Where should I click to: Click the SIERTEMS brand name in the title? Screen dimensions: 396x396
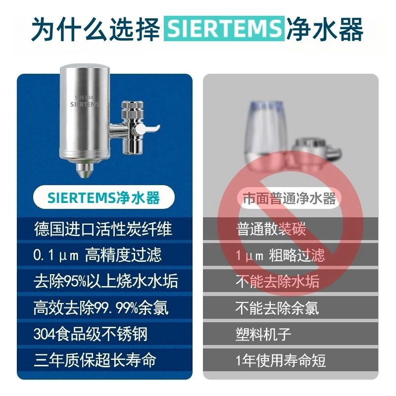click(224, 28)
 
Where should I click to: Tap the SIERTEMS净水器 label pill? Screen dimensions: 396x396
click(104, 197)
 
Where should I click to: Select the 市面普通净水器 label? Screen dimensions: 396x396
click(289, 198)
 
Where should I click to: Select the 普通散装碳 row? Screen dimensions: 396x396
click(291, 229)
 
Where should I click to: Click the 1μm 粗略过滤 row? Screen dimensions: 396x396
click(291, 255)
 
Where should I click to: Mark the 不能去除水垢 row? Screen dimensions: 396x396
click(291, 281)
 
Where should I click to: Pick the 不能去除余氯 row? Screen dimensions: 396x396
click(291, 308)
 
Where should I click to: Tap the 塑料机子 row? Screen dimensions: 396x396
click(291, 334)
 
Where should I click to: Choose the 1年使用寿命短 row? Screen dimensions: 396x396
click(291, 360)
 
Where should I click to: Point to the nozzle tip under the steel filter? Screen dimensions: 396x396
click(85, 170)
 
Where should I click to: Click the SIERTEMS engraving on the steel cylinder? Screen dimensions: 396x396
click(85, 104)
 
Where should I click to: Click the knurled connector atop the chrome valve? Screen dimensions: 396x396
click(132, 109)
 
